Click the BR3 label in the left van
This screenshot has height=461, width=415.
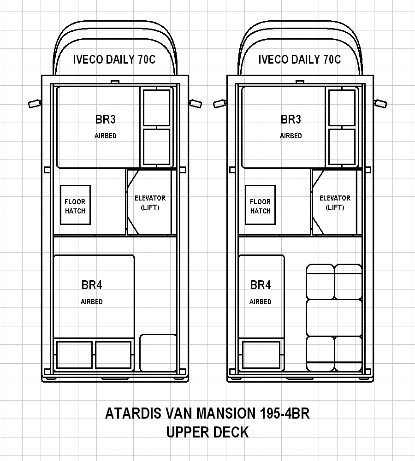(105, 119)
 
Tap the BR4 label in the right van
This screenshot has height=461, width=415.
(260, 285)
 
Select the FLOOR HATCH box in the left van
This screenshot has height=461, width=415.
(75, 205)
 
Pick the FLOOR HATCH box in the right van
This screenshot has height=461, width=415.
(260, 205)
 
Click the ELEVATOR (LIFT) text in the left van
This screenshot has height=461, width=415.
(150, 202)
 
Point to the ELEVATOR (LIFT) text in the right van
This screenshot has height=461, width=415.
(335, 202)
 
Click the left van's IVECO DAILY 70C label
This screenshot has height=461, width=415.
(114, 59)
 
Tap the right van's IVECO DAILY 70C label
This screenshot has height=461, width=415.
(299, 59)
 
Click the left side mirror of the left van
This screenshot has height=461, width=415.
(35, 104)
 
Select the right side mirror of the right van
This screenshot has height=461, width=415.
(380, 104)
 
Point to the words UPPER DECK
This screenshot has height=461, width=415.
(207, 432)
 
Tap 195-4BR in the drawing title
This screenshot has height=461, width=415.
(285, 413)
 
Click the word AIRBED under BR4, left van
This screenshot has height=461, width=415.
(91, 302)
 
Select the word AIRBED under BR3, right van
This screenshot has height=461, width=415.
(290, 136)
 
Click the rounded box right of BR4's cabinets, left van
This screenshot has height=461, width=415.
(158, 353)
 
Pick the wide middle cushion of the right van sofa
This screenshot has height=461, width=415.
(334, 318)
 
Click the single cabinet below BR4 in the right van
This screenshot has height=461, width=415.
(261, 355)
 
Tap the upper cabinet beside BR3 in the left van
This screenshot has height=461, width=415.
(156, 108)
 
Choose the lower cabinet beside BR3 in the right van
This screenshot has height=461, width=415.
(342, 147)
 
